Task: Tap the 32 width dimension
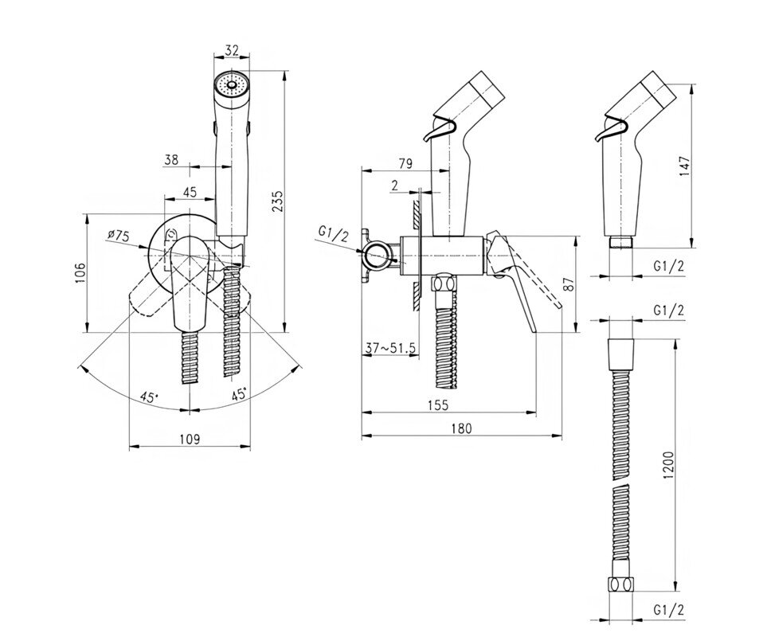tap(233, 49)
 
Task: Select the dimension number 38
tap(170, 159)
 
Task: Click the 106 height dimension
tap(77, 273)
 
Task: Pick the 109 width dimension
tap(189, 439)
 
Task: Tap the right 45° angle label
tap(238, 393)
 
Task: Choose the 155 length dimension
tap(437, 404)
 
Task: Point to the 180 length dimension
tap(460, 428)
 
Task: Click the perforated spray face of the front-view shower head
tap(231, 83)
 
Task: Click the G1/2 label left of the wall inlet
tap(333, 233)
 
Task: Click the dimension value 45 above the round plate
tap(190, 191)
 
